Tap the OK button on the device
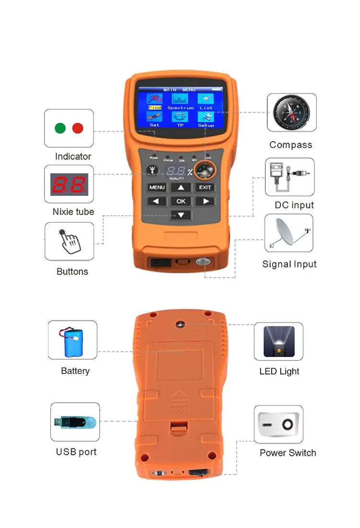(181, 201)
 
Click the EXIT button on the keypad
(205, 187)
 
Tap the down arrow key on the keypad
(181, 215)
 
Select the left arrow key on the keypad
(156, 201)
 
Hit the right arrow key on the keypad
(205, 201)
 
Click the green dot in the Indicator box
(60, 128)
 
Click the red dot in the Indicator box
(77, 128)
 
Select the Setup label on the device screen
(206, 125)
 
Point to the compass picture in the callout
(291, 112)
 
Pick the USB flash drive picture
(75, 422)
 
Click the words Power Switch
(288, 453)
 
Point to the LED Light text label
(279, 371)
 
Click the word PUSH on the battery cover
(178, 411)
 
